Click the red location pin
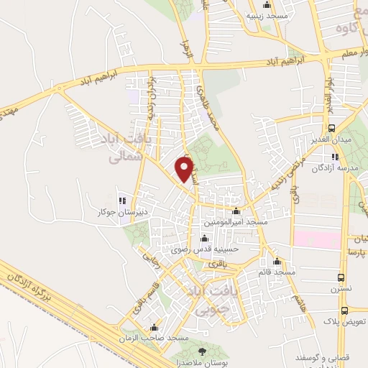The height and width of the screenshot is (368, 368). tap(185, 168)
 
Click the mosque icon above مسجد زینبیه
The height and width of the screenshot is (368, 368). tap(267, 4)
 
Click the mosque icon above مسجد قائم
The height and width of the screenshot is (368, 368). tap(277, 262)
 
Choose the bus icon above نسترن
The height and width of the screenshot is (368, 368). tap(341, 277)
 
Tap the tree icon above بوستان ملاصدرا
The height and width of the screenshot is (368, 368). tap(201, 350)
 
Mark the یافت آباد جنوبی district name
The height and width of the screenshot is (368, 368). tap(206, 300)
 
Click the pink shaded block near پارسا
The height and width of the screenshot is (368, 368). tap(316, 238)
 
